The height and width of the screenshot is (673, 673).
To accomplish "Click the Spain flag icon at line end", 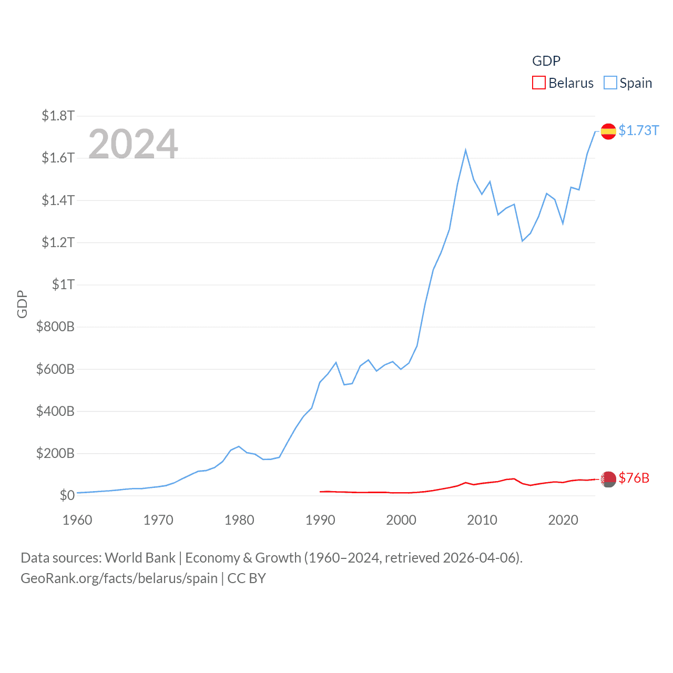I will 608,131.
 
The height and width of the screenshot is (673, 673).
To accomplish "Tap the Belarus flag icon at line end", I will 608,479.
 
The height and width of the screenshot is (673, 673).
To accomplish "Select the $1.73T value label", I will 638,130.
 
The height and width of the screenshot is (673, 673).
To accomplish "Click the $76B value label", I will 634,478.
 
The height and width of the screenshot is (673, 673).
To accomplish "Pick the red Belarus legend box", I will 538,83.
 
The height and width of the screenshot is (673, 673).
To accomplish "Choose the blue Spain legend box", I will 610,83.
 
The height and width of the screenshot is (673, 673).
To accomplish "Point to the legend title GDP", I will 546,61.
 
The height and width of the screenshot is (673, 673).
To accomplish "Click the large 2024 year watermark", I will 133,144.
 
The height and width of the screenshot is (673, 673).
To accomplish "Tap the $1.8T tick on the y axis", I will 58,116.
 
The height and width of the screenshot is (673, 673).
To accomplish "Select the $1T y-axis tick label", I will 63,284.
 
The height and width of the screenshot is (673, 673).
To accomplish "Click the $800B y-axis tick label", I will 55,327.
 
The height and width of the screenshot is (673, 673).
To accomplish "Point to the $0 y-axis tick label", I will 67,495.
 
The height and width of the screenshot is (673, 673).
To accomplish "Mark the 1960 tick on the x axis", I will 77,520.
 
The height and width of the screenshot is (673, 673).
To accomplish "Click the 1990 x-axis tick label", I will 320,520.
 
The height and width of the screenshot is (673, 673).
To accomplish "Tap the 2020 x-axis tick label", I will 563,520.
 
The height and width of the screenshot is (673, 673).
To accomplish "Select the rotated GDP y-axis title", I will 22,304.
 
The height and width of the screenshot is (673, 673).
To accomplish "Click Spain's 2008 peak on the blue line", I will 466,150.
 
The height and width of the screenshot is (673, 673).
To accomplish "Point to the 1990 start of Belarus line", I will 320,492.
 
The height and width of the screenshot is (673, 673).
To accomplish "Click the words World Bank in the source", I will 140,558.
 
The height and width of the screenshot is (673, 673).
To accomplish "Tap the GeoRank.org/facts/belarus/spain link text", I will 119,578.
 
